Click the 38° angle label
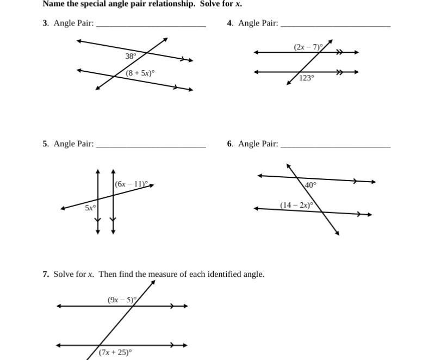pos(130,56)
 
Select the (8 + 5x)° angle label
pos(140,72)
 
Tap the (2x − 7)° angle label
pos(308,47)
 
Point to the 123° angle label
pos(307,78)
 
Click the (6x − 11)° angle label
pos(132,184)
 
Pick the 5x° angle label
pos(90,207)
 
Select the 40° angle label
pos(310,185)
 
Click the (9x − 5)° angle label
pos(122,300)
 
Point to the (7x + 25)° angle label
pos(115,352)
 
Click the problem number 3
pos(46,23)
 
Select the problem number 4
pos(230,23)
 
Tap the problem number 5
pos(46,144)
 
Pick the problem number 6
pos(230,144)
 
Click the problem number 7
pos(46,274)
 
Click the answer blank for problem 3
pos(151,25)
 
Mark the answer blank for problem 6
pos(335,146)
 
